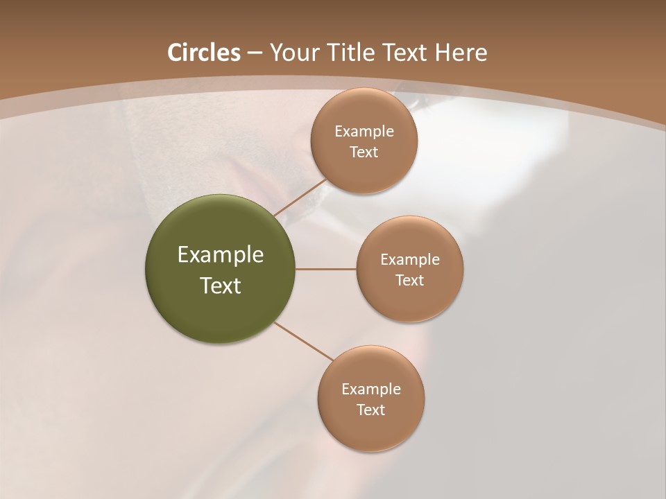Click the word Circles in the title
click(x=203, y=53)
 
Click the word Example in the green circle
click(x=220, y=255)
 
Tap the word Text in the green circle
click(x=220, y=286)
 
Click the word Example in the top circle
click(x=364, y=132)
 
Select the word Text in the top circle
click(x=364, y=152)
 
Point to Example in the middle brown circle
click(x=409, y=260)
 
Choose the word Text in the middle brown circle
click(x=409, y=281)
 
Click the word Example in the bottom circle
click(x=370, y=389)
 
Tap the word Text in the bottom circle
click(x=370, y=410)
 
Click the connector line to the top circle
click(x=300, y=198)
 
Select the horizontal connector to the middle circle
click(x=326, y=269)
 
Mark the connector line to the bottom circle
click(x=304, y=341)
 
